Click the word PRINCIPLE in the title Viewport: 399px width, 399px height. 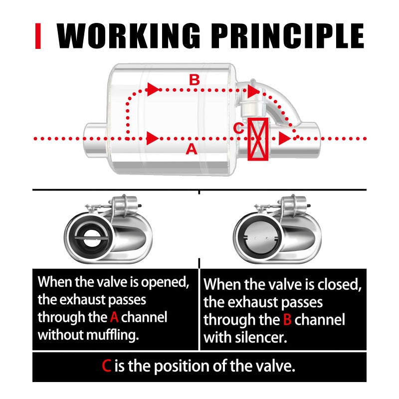pos(288,35)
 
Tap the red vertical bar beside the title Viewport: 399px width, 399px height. pos(38,36)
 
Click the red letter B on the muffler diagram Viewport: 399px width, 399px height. pos(195,80)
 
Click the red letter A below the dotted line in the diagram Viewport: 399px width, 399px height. pos(192,149)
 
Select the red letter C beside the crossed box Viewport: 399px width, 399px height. pos(239,128)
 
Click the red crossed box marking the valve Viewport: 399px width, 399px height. pos(258,139)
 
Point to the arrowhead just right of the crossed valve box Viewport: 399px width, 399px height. pos(284,139)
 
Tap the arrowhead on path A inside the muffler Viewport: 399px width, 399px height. pos(153,139)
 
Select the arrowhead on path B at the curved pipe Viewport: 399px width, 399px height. pos(253,91)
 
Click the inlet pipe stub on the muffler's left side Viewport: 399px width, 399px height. pos(95,140)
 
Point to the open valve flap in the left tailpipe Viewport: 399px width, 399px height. pos(91,238)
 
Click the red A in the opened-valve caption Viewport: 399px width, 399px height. pos(114,317)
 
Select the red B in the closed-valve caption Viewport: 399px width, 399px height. pos(287,320)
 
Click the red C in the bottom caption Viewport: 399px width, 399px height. pos(106,366)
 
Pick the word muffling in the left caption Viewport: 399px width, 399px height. pos(113,335)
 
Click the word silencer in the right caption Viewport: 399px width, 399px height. pos(261,338)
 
